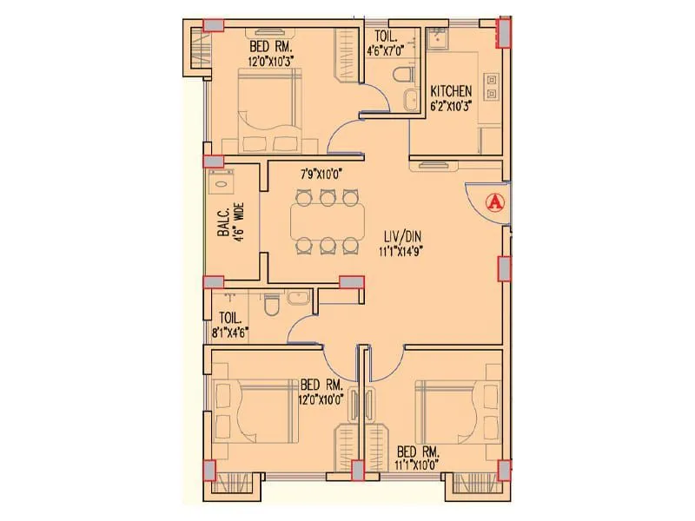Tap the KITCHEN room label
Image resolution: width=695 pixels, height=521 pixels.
coord(452,91)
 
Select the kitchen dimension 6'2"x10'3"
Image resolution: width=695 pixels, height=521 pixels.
coord(452,107)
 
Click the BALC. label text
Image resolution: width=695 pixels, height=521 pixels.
coord(222,221)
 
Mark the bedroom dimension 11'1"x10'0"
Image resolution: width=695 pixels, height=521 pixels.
coord(420,465)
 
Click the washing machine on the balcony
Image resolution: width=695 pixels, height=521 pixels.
coord(222,182)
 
